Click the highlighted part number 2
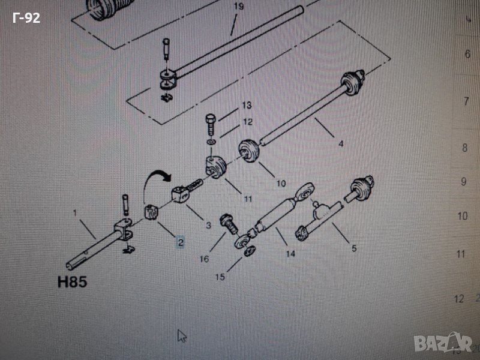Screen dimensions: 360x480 [x=180, y=242]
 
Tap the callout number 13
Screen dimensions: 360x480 [x=247, y=106]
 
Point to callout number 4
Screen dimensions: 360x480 [x=341, y=144]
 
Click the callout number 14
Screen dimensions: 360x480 [x=290, y=253]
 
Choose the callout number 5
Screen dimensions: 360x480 [x=354, y=247]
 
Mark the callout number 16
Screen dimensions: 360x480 [x=205, y=259]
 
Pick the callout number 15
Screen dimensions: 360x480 [x=220, y=277]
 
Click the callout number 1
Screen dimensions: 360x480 [x=76, y=213]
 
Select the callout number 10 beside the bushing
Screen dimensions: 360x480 [x=281, y=182]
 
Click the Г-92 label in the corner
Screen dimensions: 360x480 [x=26, y=18]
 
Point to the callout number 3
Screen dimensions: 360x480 [x=208, y=225]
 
